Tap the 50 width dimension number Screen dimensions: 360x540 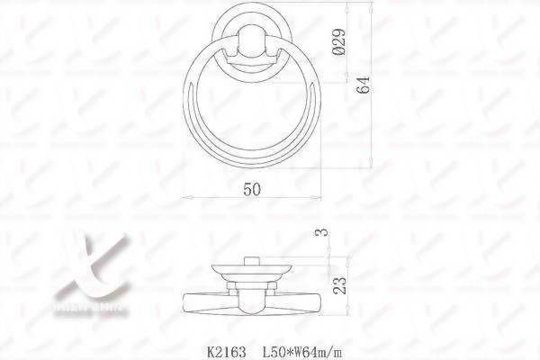coord(251,188)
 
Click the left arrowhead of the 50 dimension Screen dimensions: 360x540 coord(185,197)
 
